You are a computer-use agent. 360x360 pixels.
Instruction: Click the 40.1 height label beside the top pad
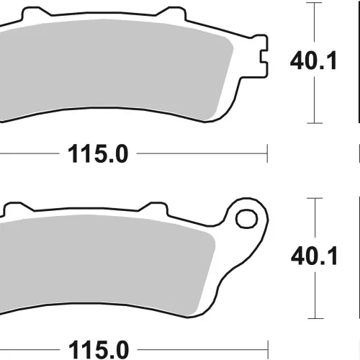point(313,61)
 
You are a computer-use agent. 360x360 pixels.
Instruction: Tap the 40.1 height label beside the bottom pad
point(314,256)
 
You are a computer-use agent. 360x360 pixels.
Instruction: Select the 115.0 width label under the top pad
point(98,154)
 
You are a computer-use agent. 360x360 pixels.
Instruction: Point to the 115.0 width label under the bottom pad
point(99,350)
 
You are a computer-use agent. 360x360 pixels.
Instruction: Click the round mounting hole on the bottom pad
point(246,219)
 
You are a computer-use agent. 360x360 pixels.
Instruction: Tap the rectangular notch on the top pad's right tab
point(264,56)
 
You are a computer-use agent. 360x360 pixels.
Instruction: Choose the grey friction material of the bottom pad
point(106,264)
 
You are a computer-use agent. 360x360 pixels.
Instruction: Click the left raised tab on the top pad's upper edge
point(36,12)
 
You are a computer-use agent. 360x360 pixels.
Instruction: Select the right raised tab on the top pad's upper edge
point(171,13)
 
